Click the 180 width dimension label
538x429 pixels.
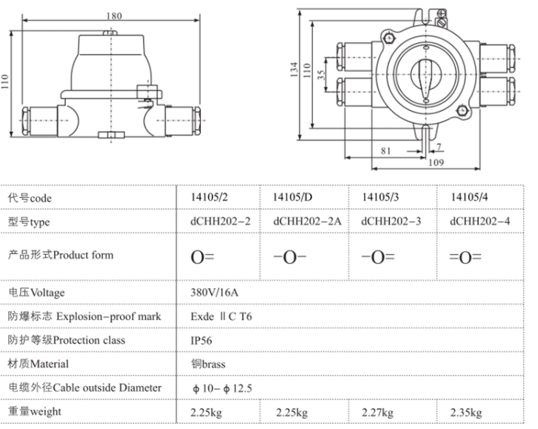(x=114, y=16)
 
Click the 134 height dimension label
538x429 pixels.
(x=294, y=70)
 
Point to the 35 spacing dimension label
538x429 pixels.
(x=321, y=75)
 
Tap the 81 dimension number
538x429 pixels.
(x=385, y=151)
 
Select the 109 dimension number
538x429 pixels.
(x=436, y=162)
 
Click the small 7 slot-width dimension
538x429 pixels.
(x=439, y=147)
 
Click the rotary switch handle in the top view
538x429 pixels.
(x=425, y=79)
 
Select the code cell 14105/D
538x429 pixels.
(x=292, y=197)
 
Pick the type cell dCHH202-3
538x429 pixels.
(x=391, y=222)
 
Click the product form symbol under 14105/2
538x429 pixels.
(x=202, y=257)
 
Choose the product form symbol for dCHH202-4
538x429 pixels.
(x=465, y=257)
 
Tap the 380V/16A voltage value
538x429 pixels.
(x=214, y=292)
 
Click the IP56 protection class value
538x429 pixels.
(x=202, y=340)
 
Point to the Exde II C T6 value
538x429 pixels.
(x=222, y=316)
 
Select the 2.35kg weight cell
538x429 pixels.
(x=466, y=412)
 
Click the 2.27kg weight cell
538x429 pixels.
(x=377, y=412)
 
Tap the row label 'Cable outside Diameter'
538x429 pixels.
(x=107, y=388)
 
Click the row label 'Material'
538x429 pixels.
(x=50, y=364)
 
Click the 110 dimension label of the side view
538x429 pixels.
(x=4, y=82)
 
